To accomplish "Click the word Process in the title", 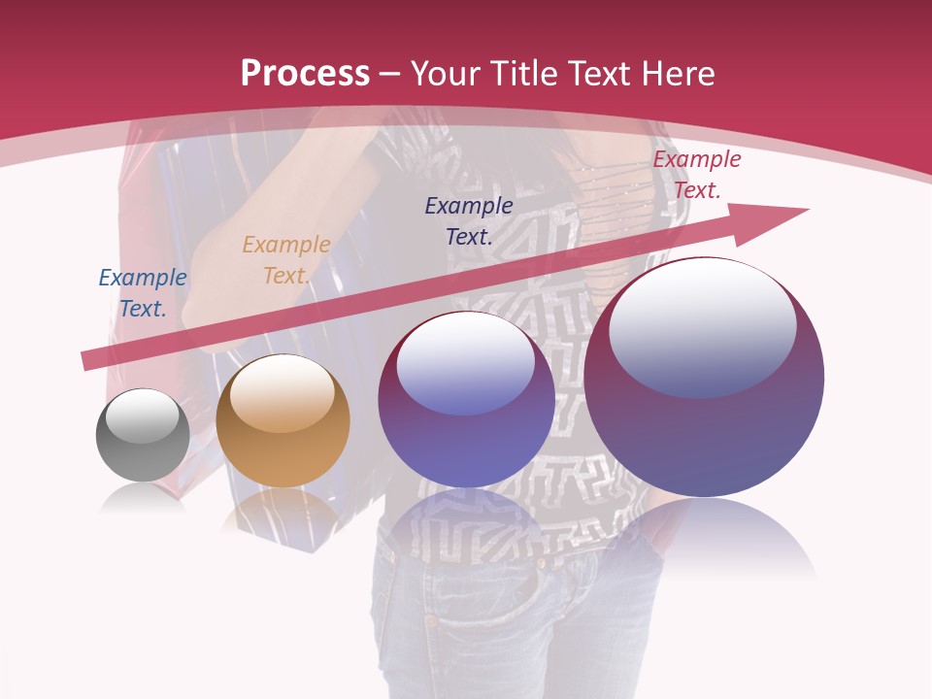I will click(305, 73).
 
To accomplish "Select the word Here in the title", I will click(678, 73).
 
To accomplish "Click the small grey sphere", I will click(143, 435).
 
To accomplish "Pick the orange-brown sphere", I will click(283, 420).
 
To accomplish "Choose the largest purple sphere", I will click(704, 377).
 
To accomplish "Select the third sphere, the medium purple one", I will click(466, 399).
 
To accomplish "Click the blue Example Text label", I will click(143, 293).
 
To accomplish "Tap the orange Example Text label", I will click(286, 260).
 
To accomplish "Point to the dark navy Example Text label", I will click(469, 220).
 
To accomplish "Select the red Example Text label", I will click(697, 175).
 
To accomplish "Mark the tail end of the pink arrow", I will click(89, 360).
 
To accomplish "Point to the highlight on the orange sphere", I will click(282, 393).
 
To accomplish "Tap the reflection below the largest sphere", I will click(704, 534).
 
